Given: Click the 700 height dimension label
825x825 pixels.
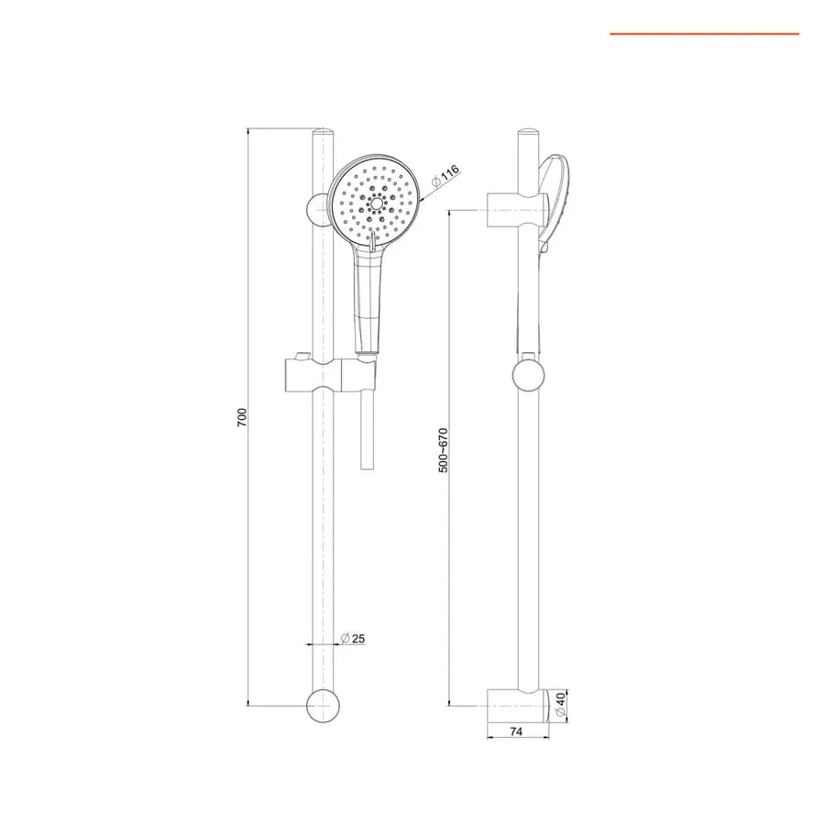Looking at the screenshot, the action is [241, 417].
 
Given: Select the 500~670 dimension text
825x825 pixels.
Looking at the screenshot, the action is [444, 450].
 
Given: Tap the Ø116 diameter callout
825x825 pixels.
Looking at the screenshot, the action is [445, 176].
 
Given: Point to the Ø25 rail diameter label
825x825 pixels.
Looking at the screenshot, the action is [353, 639].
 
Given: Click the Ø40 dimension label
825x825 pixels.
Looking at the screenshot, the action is [560, 704].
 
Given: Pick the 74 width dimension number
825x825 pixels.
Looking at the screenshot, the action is [516, 731].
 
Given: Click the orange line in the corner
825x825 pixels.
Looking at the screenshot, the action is [705, 34].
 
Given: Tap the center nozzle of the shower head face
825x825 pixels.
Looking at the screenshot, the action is [376, 203].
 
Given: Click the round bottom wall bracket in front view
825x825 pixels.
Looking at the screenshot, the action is [323, 706].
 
